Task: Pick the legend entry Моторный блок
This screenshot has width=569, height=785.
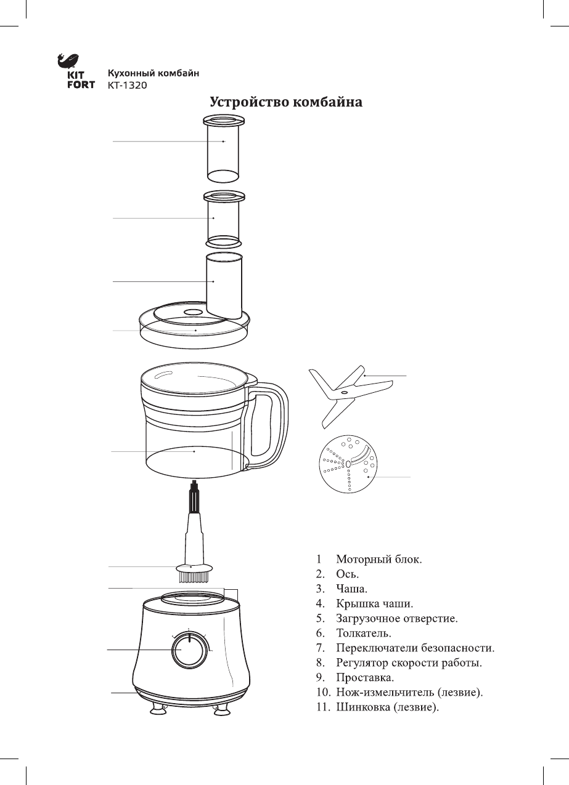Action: [x=379, y=560]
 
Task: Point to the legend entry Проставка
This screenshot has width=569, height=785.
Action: [x=364, y=678]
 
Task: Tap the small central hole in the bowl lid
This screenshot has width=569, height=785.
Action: [x=194, y=312]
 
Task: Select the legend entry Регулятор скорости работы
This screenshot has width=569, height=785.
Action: [x=408, y=663]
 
